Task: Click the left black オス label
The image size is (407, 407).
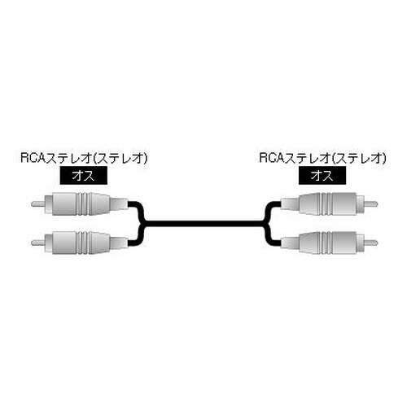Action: (82, 174)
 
